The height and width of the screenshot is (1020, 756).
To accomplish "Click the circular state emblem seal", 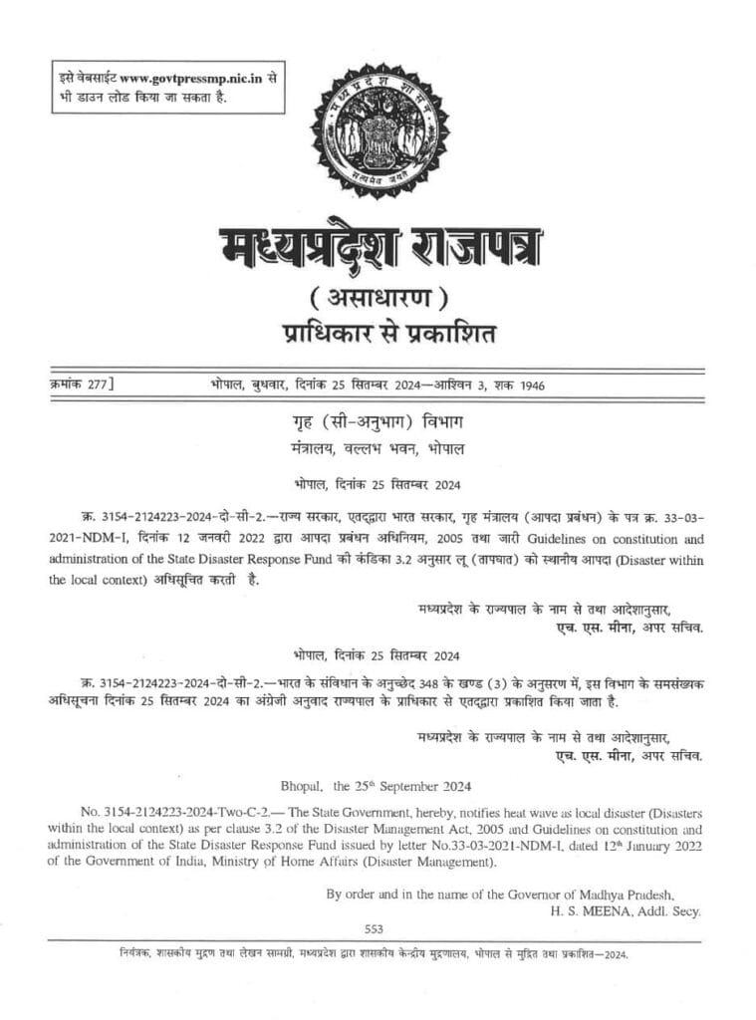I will pos(379,130).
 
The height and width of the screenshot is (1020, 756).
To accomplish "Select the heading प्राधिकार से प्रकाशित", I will pos(378,331).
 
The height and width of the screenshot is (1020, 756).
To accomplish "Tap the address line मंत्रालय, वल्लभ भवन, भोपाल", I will pos(378,448).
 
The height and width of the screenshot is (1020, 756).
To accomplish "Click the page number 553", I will pos(375,928).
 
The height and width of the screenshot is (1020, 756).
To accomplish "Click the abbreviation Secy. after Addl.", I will pos(686,910).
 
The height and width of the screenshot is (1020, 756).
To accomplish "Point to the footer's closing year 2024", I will pos(615,953).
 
